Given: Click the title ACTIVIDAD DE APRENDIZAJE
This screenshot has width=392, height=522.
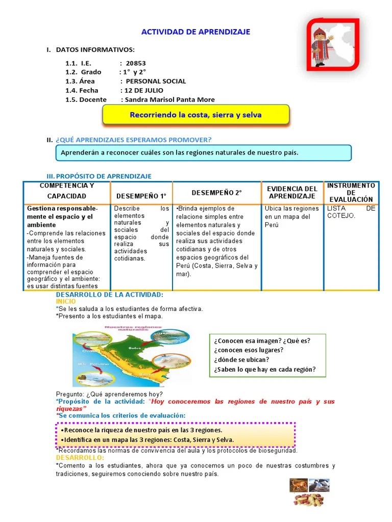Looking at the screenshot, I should pyautogui.click(x=195, y=32).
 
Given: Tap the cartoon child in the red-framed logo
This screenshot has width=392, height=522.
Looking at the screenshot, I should pyautogui.click(x=320, y=46).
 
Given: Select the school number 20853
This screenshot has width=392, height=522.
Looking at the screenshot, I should pyautogui.click(x=136, y=63).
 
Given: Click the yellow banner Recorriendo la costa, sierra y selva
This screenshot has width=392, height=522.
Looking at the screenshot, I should pyautogui.click(x=195, y=115).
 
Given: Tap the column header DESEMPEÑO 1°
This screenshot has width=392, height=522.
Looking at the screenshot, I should pyautogui.click(x=141, y=196).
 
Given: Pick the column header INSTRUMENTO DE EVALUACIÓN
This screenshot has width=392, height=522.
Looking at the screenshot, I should pyautogui.click(x=351, y=192).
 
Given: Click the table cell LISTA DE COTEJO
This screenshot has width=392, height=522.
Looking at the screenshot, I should pyautogui.click(x=351, y=212).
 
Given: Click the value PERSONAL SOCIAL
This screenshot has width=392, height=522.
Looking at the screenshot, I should pyautogui.click(x=156, y=81).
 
